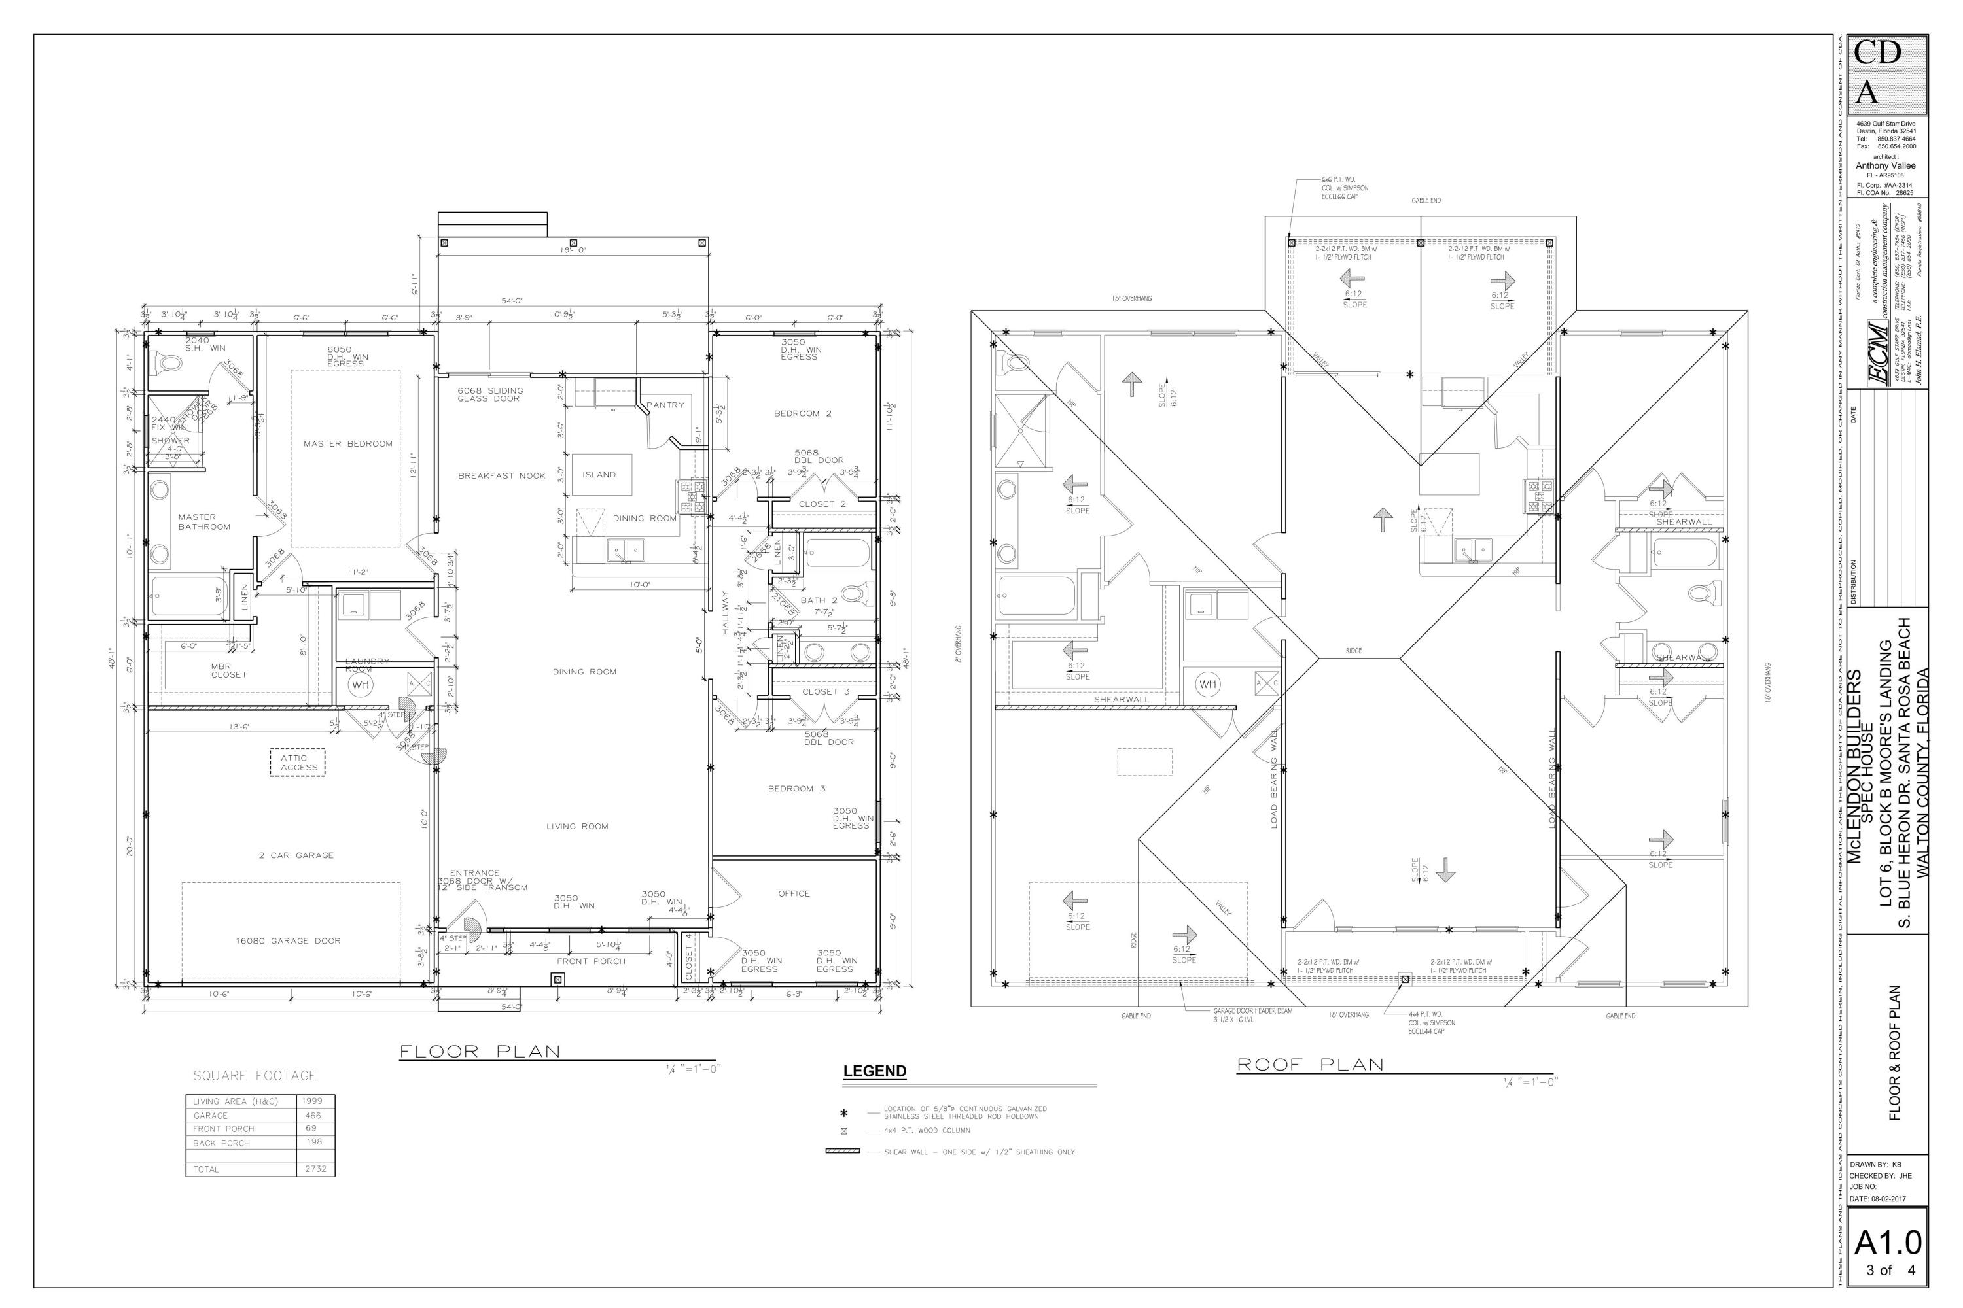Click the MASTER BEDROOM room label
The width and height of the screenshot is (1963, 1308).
347,444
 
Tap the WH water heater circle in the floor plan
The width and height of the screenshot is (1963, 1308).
360,685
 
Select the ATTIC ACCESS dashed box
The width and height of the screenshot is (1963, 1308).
298,763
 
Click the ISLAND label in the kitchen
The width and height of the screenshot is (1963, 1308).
599,475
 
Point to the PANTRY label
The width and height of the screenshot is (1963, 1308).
665,405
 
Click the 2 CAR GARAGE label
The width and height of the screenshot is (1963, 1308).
296,855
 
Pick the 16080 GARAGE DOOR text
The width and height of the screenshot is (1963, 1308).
287,941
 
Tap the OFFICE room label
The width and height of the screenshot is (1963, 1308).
794,893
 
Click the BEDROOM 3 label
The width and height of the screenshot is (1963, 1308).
796,788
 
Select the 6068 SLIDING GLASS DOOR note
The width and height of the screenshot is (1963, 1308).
490,394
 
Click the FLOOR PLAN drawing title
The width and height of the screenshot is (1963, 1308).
480,1051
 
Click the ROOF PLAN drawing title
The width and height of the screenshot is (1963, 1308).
1309,1065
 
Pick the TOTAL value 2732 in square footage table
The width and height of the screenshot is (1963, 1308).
315,1169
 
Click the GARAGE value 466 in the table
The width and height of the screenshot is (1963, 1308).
313,1115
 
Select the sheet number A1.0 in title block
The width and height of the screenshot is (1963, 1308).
1888,1244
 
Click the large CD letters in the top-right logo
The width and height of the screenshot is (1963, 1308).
1877,52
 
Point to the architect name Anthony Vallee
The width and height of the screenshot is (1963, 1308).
1885,166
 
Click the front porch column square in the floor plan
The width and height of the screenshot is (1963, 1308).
557,979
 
